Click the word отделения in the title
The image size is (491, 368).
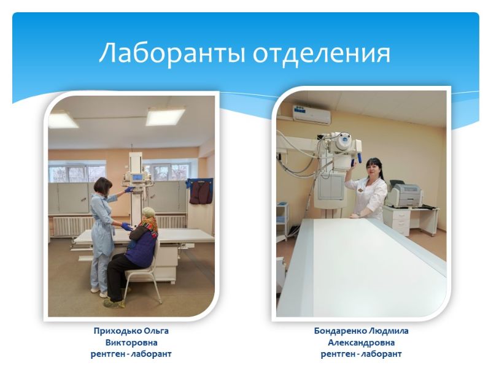click(x=322, y=53)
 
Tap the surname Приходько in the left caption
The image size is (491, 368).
click(x=117, y=331)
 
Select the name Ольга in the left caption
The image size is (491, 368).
click(x=157, y=331)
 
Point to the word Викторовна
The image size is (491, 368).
click(x=131, y=342)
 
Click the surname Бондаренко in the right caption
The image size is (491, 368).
click(x=341, y=331)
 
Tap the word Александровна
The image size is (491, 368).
click(x=361, y=343)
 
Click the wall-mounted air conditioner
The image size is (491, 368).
click(x=312, y=114)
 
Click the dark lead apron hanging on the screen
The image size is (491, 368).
click(x=201, y=191)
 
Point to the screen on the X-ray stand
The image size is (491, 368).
click(x=137, y=178)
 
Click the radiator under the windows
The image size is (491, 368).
click(x=119, y=224)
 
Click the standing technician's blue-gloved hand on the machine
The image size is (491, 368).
click(x=129, y=190)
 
